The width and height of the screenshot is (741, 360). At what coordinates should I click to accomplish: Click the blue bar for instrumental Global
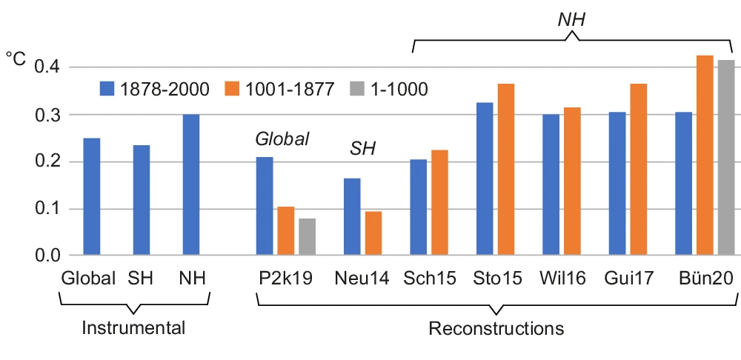click(91, 197)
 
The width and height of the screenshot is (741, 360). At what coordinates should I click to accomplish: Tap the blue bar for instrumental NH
click(190, 185)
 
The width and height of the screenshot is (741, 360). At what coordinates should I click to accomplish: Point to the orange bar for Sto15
click(505, 170)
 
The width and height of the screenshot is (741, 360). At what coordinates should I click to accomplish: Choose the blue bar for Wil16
click(551, 185)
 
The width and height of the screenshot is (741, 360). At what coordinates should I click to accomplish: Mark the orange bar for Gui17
click(638, 170)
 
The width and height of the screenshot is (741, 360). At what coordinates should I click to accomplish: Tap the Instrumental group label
click(133, 327)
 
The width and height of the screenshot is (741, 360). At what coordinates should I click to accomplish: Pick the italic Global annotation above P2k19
click(282, 139)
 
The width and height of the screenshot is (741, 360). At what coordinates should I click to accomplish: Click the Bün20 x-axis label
click(705, 279)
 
